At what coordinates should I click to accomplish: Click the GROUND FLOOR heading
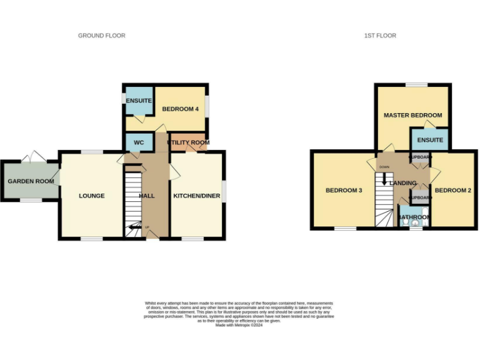[x=101, y=36]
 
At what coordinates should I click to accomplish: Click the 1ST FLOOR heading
[x=380, y=36]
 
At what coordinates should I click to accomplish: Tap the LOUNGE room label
[x=92, y=196]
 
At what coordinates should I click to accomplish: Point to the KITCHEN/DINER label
[x=196, y=196]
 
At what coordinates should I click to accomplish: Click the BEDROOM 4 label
[x=180, y=109]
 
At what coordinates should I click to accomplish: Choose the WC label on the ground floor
[x=139, y=142]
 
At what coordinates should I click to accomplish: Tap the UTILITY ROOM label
[x=188, y=142]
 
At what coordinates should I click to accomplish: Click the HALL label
[x=146, y=196]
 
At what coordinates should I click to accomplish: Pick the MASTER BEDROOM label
[x=412, y=115]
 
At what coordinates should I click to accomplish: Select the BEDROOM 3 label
[x=344, y=191]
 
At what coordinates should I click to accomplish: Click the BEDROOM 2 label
[x=452, y=191]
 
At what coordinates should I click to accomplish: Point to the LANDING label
[x=402, y=182]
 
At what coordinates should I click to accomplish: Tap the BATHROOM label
[x=414, y=217]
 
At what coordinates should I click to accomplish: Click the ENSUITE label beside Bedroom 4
[x=136, y=101]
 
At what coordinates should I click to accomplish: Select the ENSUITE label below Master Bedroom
[x=430, y=140]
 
